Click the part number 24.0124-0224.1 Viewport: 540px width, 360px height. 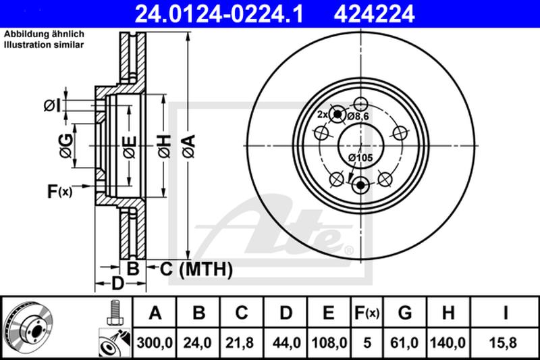click(219, 14)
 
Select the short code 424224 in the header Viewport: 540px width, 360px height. click(375, 14)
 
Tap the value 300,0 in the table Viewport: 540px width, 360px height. click(155, 343)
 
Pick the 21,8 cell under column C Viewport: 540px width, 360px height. click(240, 343)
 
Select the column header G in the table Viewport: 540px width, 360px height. click(404, 313)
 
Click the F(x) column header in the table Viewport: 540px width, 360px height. click(367, 313)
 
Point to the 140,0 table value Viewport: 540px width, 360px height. click(448, 343)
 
